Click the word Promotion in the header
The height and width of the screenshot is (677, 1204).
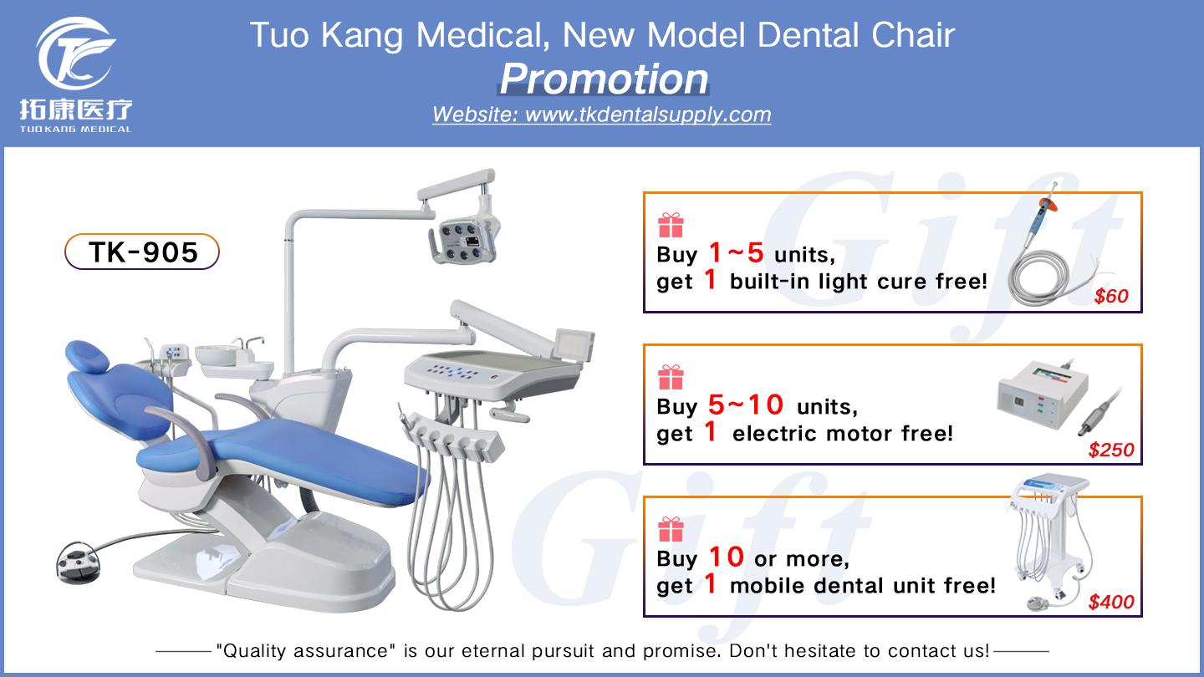tap(604, 79)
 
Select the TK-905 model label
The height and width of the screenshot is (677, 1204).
tap(142, 252)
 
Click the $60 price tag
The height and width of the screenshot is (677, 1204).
tap(1111, 297)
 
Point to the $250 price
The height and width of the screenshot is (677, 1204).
tap(1111, 450)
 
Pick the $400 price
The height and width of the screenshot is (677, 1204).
tap(1111, 602)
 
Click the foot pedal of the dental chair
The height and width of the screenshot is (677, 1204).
tap(79, 557)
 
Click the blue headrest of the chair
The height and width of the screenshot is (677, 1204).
tap(88, 357)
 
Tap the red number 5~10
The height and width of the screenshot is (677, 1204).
tap(746, 406)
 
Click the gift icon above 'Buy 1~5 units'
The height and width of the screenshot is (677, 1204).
tap(671, 225)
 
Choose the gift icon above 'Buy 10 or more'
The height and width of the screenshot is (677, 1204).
tap(671, 529)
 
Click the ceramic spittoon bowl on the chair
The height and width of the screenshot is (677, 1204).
tap(216, 355)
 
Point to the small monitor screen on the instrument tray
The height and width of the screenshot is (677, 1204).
tap(577, 344)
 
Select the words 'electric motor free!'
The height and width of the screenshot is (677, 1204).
tap(842, 434)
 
